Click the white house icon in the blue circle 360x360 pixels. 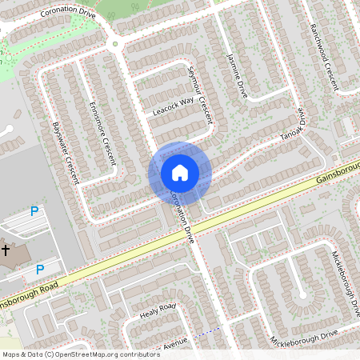click(180, 172)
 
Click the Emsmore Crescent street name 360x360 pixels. click(103, 132)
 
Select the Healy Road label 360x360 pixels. click(157, 311)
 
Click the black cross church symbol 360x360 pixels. click(5, 250)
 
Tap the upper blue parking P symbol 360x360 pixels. click(34, 211)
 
